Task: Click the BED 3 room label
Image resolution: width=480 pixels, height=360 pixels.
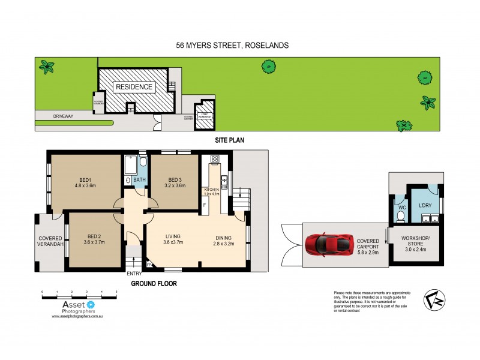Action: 175,180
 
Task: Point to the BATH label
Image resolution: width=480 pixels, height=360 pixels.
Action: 140,180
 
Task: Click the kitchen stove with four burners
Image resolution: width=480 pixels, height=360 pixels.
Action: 214,160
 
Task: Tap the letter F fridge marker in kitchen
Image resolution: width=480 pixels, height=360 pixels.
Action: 205,205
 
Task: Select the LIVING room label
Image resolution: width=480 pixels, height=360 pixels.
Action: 173,236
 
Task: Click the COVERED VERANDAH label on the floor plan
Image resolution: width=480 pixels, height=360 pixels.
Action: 50,241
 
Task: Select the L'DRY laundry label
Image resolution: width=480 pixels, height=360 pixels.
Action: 425,206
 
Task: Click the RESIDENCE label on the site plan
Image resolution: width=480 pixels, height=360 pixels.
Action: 134,87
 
